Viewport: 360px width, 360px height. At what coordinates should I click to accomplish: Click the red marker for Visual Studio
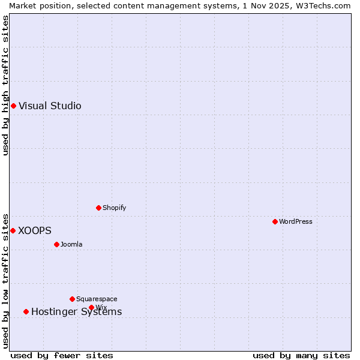[13, 106]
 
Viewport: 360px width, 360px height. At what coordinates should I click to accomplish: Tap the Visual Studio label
[50, 106]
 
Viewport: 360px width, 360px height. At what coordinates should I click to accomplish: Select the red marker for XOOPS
[13, 230]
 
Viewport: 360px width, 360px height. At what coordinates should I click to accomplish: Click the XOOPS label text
[35, 231]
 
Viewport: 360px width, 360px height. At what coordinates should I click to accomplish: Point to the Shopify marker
[98, 208]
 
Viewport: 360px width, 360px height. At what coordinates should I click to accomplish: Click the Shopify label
[114, 208]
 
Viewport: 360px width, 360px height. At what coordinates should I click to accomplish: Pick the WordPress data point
[275, 221]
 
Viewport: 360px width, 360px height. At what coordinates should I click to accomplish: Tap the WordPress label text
[295, 222]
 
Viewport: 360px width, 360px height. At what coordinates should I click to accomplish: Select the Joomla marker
[56, 244]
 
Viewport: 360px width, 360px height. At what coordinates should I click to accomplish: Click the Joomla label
[71, 245]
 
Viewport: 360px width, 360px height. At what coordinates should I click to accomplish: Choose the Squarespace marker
[72, 299]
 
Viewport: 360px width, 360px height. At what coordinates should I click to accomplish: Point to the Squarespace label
[97, 299]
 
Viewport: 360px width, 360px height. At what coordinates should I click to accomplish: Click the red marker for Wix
[91, 307]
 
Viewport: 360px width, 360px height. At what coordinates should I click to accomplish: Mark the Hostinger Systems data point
[26, 311]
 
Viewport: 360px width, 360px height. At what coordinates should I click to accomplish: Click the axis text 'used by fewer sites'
[62, 356]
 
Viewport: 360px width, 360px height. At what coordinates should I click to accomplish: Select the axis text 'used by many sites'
[301, 356]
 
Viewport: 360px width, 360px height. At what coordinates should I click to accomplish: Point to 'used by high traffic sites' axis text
[5, 85]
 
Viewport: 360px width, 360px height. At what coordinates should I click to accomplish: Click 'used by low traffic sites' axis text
[5, 281]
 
